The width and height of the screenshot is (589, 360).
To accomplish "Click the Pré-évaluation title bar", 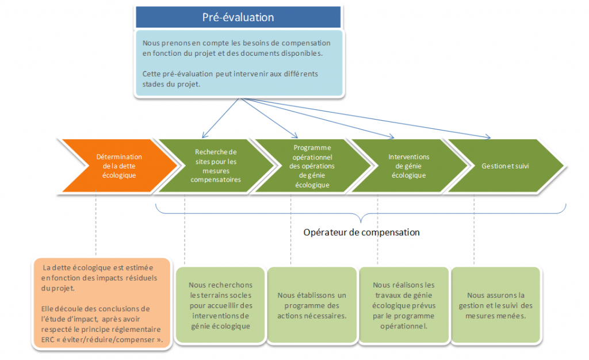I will [x=238, y=17].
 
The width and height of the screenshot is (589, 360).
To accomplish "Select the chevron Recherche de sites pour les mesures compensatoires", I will [x=215, y=166].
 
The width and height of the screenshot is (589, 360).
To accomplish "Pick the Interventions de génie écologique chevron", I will [x=408, y=166].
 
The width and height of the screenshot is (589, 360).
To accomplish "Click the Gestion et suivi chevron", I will [x=505, y=166].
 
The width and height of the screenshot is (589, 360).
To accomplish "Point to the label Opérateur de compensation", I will [x=361, y=232].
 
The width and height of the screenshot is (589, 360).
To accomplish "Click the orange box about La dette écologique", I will [x=102, y=304].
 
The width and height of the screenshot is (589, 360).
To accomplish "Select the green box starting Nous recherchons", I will [x=220, y=305].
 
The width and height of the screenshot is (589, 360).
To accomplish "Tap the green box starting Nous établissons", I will [x=312, y=305].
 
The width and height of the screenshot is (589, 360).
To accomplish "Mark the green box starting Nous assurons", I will [x=495, y=305].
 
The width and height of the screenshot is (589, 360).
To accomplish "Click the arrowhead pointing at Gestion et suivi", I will [x=488, y=138].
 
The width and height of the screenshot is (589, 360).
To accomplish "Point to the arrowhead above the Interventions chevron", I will [x=392, y=137].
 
